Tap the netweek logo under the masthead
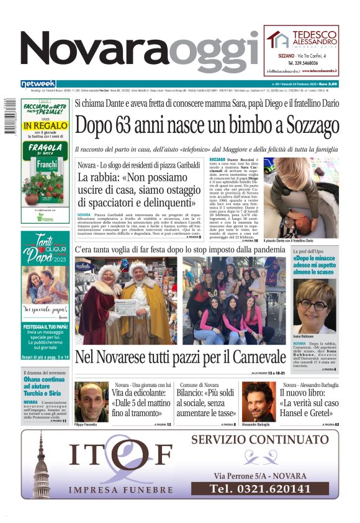(38, 84)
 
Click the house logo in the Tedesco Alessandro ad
(277, 40)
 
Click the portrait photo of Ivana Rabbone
(316, 307)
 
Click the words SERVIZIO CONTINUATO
(259, 440)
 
